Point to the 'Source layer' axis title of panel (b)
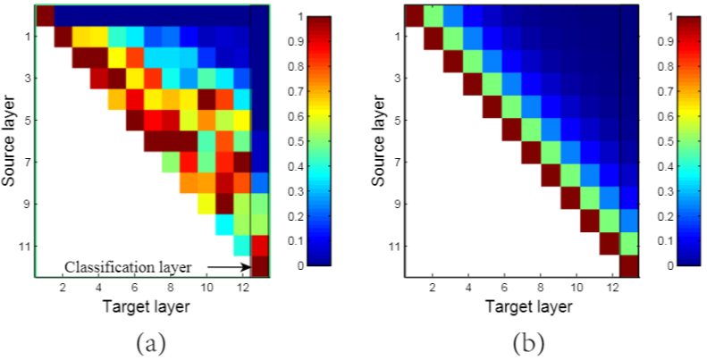(x=380, y=140)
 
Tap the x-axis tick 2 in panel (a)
(x=63, y=289)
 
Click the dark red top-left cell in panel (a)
(x=45, y=15)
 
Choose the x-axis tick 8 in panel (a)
(x=170, y=289)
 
